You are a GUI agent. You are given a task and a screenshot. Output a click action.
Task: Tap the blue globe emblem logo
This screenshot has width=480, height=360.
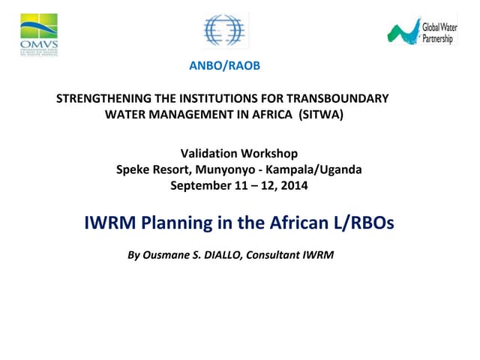225,31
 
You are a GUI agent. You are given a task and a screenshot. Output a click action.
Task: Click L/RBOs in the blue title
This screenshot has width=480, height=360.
364,222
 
